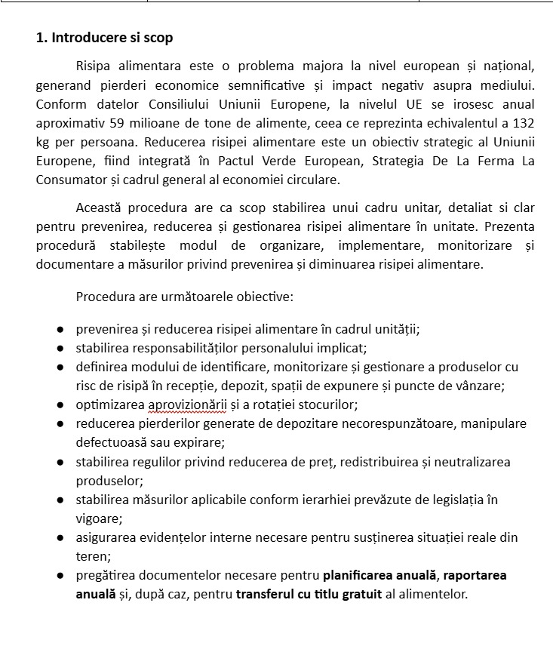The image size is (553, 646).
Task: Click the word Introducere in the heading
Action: click(x=84, y=38)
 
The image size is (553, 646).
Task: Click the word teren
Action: click(x=92, y=556)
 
